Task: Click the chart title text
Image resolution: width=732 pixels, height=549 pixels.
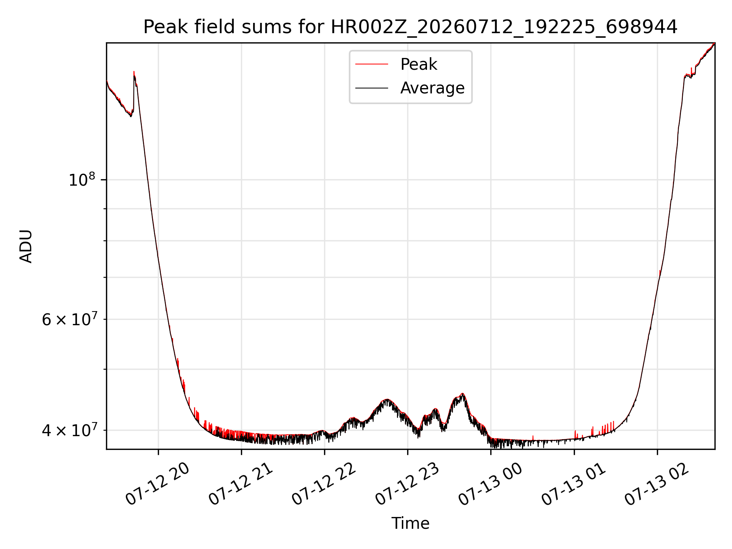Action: coord(410,27)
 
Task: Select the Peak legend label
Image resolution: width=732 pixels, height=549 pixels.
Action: coord(419,64)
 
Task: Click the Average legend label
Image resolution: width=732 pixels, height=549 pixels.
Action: coord(432,88)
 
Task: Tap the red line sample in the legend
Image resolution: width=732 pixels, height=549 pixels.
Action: coord(372,64)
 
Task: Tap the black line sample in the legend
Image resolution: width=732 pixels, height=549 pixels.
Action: coord(372,88)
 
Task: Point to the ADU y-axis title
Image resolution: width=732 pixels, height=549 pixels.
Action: coord(26,246)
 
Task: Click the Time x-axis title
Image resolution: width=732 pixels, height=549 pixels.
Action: coord(410,523)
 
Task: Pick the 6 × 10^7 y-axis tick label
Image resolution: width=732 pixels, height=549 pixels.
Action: coord(69,319)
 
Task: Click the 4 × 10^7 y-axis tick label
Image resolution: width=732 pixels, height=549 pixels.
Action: coord(69,430)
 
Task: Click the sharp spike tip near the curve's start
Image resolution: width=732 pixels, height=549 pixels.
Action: coord(134,71)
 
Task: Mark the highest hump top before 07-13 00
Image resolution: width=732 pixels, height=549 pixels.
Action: coord(462,393)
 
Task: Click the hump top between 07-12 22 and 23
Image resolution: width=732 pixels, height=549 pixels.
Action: coord(387,399)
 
